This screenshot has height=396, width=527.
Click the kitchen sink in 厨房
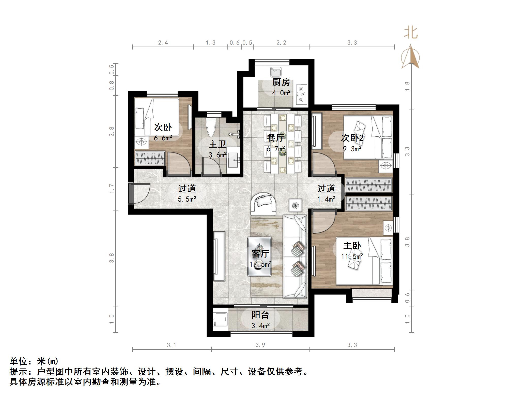click(276, 72)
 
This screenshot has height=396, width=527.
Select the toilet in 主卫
click(211, 128)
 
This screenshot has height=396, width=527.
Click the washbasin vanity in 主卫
click(234, 160)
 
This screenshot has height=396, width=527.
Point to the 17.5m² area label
click(260, 264)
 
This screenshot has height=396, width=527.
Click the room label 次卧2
click(352, 138)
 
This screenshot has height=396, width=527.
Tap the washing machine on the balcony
click(220, 319)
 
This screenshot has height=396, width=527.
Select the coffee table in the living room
click(259, 257)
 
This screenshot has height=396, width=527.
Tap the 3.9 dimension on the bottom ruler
click(260, 345)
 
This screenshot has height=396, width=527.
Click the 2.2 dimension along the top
click(281, 43)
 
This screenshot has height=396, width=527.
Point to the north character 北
click(411, 33)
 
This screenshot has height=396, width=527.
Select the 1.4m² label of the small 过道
click(327, 199)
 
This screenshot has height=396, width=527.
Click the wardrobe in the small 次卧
click(150, 158)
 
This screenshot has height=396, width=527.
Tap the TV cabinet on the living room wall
click(219, 256)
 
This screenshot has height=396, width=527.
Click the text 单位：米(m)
click(34, 362)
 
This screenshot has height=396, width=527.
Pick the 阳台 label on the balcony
click(260, 315)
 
